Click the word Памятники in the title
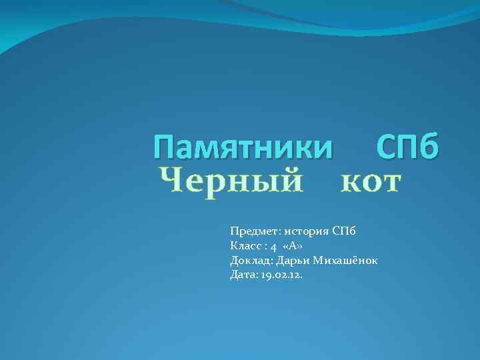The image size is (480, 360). (x=243, y=146)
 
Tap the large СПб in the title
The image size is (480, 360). (x=407, y=146)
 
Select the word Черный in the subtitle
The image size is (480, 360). (x=231, y=182)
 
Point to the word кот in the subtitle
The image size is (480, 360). (x=370, y=182)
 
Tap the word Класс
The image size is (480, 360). (x=244, y=246)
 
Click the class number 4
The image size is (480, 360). (x=273, y=247)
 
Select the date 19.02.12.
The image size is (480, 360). (x=282, y=275)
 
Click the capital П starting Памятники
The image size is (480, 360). (x=164, y=146)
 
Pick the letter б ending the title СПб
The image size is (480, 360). (x=428, y=146)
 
